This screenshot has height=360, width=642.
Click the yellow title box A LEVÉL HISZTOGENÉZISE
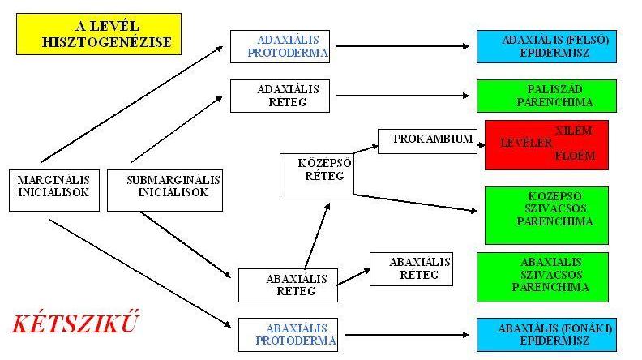pos(99,34)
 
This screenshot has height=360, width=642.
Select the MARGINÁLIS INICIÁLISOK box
pos(54,191)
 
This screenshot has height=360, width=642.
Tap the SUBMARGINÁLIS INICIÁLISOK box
pos(165,191)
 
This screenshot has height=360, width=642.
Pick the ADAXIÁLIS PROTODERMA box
pos(280,46)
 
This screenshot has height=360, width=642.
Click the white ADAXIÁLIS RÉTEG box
pos(280,96)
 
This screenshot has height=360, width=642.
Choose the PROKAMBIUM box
pos(427,141)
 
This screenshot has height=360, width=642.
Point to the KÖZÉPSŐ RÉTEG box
pos(317,174)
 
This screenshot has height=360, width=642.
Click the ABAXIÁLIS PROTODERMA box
pos(289,335)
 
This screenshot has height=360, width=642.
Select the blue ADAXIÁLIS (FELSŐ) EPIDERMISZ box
pos(546,46)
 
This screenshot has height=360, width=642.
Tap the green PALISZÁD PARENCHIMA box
pos(546,96)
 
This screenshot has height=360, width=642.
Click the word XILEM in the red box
pos(573,131)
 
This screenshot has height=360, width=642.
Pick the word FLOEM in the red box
pos(575,156)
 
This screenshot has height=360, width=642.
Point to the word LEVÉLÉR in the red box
pos(526,143)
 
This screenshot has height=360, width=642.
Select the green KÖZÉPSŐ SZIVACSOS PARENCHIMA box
pos(546,216)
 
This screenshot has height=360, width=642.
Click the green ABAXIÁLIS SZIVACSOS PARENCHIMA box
pos(542,277)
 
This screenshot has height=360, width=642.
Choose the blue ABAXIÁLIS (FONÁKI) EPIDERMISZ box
pos(546,335)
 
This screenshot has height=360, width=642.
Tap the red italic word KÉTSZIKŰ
pos(75,323)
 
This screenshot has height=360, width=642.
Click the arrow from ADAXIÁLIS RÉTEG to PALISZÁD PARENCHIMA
pos(403,96)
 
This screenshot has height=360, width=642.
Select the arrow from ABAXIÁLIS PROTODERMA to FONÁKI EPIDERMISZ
pos(407,335)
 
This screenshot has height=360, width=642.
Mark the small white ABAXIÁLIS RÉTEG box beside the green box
pos(411,269)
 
